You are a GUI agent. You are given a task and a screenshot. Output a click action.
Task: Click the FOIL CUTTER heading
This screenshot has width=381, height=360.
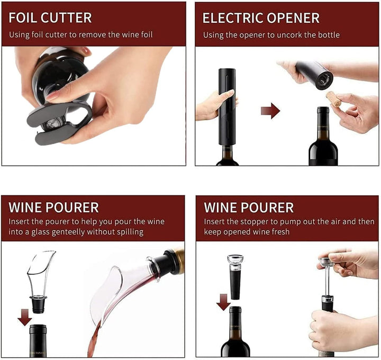click(x=50, y=17)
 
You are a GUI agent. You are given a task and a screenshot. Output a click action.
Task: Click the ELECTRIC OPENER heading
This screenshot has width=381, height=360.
click(x=261, y=17)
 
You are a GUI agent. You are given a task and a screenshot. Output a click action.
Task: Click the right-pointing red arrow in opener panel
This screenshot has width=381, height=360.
click(x=270, y=111)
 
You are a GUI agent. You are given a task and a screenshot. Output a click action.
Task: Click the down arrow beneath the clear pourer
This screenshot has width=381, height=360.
click(x=24, y=317)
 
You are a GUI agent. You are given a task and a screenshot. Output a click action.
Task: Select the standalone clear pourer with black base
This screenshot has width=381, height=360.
click(x=40, y=279)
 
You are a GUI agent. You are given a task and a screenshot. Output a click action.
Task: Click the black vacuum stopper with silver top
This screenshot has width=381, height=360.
click(x=235, y=275)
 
